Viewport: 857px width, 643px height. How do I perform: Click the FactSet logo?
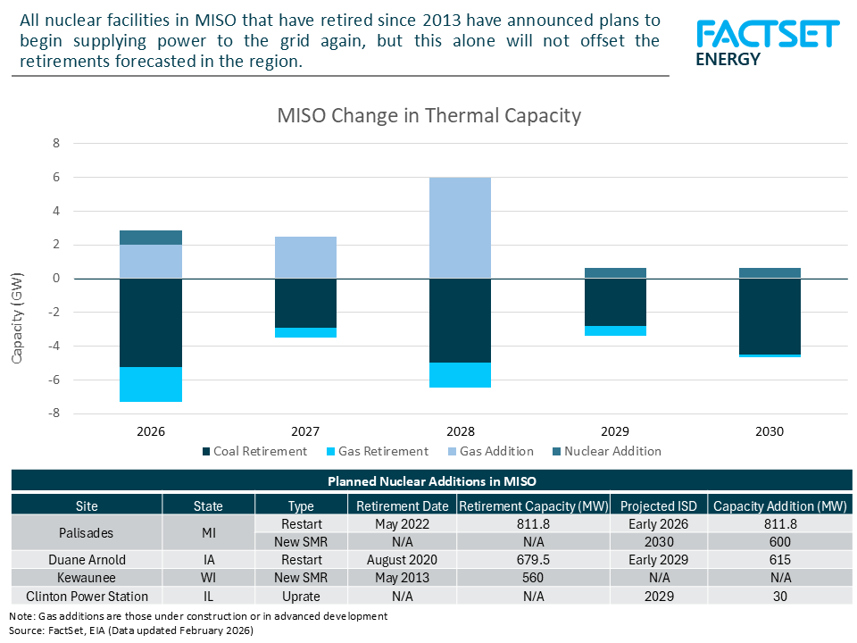tap(767, 43)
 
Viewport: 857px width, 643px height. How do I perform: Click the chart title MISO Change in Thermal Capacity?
tap(428, 115)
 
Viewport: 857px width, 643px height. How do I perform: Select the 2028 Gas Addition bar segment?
tap(460, 228)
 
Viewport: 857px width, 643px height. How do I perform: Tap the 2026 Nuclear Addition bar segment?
tap(151, 238)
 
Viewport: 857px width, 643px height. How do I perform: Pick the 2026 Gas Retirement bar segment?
tap(151, 384)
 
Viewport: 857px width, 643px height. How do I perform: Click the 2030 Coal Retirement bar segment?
tap(770, 316)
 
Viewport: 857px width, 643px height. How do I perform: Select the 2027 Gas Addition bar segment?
tap(305, 257)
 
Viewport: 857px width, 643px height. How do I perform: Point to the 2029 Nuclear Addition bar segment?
tap(615, 273)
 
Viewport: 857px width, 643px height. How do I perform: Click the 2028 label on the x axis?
tap(460, 431)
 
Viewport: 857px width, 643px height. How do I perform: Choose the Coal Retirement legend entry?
tap(254, 451)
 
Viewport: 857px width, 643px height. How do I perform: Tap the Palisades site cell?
tap(87, 532)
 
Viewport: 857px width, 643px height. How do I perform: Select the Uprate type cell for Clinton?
tap(301, 596)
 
